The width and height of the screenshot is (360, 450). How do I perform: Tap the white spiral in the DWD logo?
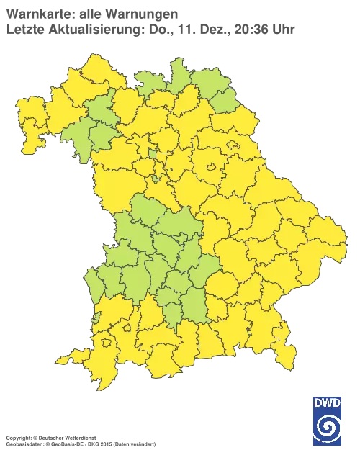click(x=328, y=426)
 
